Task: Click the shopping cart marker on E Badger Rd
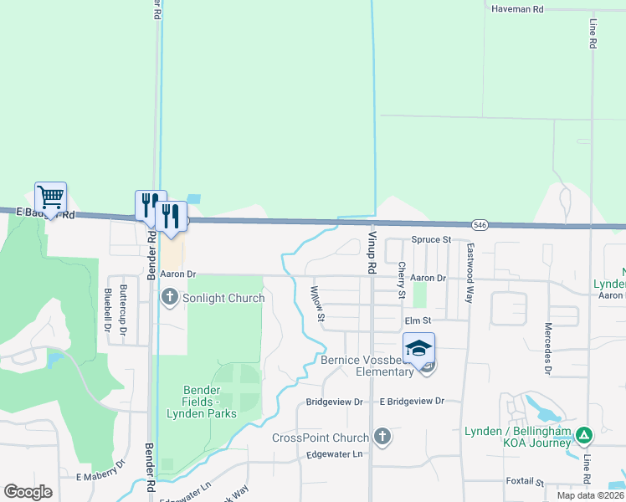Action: pyautogui.click(x=50, y=198)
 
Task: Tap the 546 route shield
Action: pyautogui.click(x=480, y=225)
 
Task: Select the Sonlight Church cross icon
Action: pyautogui.click(x=170, y=296)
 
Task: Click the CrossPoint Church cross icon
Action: pyautogui.click(x=382, y=436)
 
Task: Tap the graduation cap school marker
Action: pyautogui.click(x=418, y=347)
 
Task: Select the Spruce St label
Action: pyautogui.click(x=429, y=240)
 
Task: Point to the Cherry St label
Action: pyautogui.click(x=402, y=281)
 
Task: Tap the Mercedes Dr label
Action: pyautogui.click(x=548, y=347)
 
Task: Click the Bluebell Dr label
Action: pyautogui.click(x=107, y=310)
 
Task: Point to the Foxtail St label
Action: pyautogui.click(x=525, y=483)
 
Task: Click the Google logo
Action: pyautogui.click(x=28, y=492)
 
